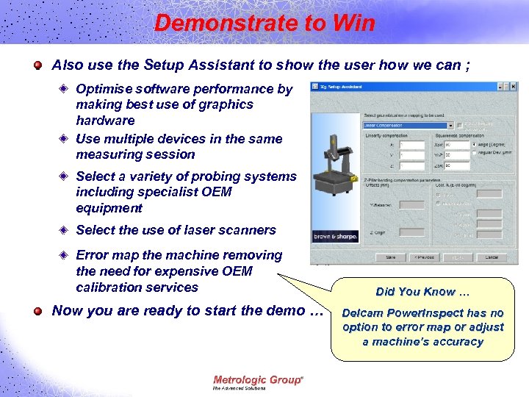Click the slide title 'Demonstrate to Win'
264,23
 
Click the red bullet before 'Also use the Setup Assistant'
37,65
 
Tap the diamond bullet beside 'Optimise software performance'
65,89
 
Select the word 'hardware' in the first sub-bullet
105,121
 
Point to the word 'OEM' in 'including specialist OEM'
215,192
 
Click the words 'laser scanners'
235,230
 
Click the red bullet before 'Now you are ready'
37,311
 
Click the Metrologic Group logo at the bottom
257,382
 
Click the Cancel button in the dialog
492,257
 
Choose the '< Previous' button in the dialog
424,257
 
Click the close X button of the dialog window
512,86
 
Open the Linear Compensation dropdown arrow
450,124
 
